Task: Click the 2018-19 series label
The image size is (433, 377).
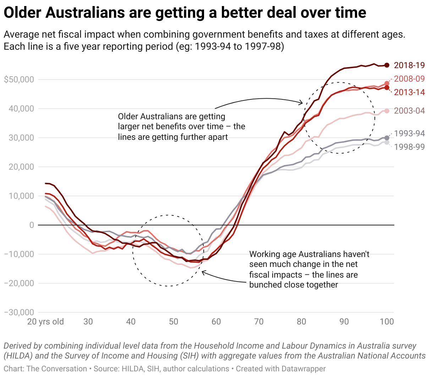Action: (x=409, y=65)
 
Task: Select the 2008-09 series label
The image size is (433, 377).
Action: (x=409, y=79)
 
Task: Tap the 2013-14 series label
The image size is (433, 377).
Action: (x=409, y=92)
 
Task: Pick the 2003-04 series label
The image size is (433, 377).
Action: (x=409, y=111)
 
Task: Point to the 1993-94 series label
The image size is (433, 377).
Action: (x=409, y=133)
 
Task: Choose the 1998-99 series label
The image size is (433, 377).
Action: (x=409, y=147)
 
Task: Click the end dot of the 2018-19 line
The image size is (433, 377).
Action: (x=387, y=65)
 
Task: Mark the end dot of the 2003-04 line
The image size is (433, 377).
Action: (x=387, y=111)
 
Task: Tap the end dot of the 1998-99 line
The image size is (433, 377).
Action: (x=387, y=142)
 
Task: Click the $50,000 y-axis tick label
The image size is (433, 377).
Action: (x=19, y=80)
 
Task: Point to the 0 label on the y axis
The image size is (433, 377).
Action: (x=32, y=225)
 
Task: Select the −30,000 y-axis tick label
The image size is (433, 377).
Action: (x=19, y=312)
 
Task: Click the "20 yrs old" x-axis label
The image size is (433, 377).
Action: (x=45, y=322)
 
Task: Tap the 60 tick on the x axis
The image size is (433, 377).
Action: (x=216, y=322)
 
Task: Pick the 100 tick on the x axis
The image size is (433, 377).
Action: (x=387, y=322)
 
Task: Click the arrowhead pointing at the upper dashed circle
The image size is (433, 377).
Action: (x=301, y=103)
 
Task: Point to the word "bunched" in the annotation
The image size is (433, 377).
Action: (x=265, y=285)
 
